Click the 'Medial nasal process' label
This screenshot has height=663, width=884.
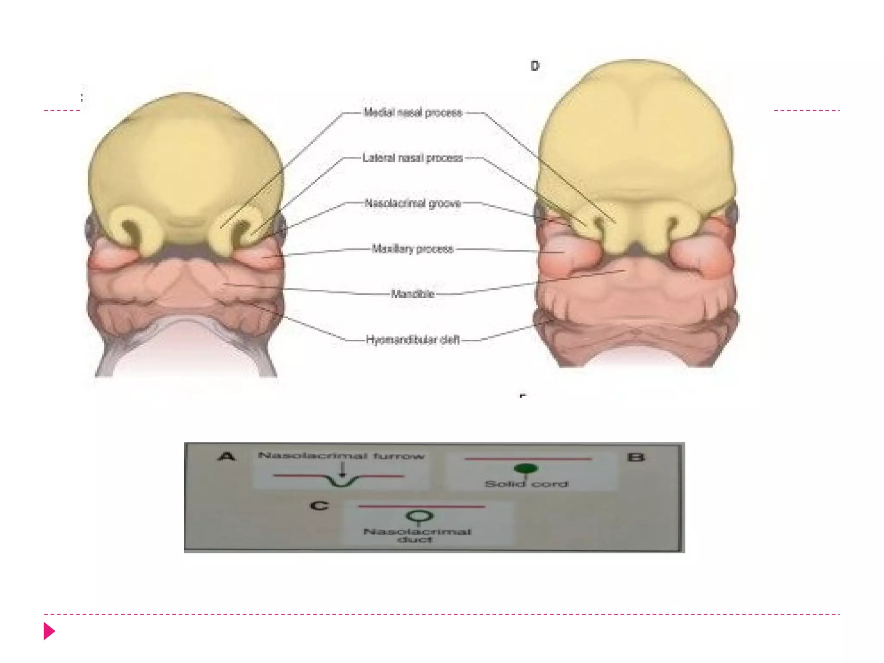[x=413, y=113]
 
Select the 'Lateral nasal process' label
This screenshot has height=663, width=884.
[x=413, y=158]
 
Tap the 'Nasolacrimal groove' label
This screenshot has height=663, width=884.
[x=413, y=203]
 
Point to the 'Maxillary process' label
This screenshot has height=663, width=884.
[x=413, y=249]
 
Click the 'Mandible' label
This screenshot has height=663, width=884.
[x=413, y=294]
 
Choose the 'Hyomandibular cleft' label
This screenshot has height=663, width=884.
[x=413, y=340]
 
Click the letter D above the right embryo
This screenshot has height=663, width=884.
[x=535, y=66]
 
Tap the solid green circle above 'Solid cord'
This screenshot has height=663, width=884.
[x=526, y=468]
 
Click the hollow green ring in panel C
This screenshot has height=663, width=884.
[x=420, y=515]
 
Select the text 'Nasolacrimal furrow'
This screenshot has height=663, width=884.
[x=341, y=456]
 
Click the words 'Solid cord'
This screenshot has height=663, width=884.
[x=527, y=484]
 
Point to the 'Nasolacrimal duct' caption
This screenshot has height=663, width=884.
[x=417, y=535]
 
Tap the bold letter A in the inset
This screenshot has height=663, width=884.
[x=227, y=456]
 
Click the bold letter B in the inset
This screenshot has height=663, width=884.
[x=636, y=457]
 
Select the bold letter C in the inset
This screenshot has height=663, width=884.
[x=319, y=505]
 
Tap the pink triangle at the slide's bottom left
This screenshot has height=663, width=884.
[x=49, y=631]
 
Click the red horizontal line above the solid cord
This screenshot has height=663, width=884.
[x=527, y=459]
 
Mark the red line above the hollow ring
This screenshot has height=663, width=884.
[x=421, y=506]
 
